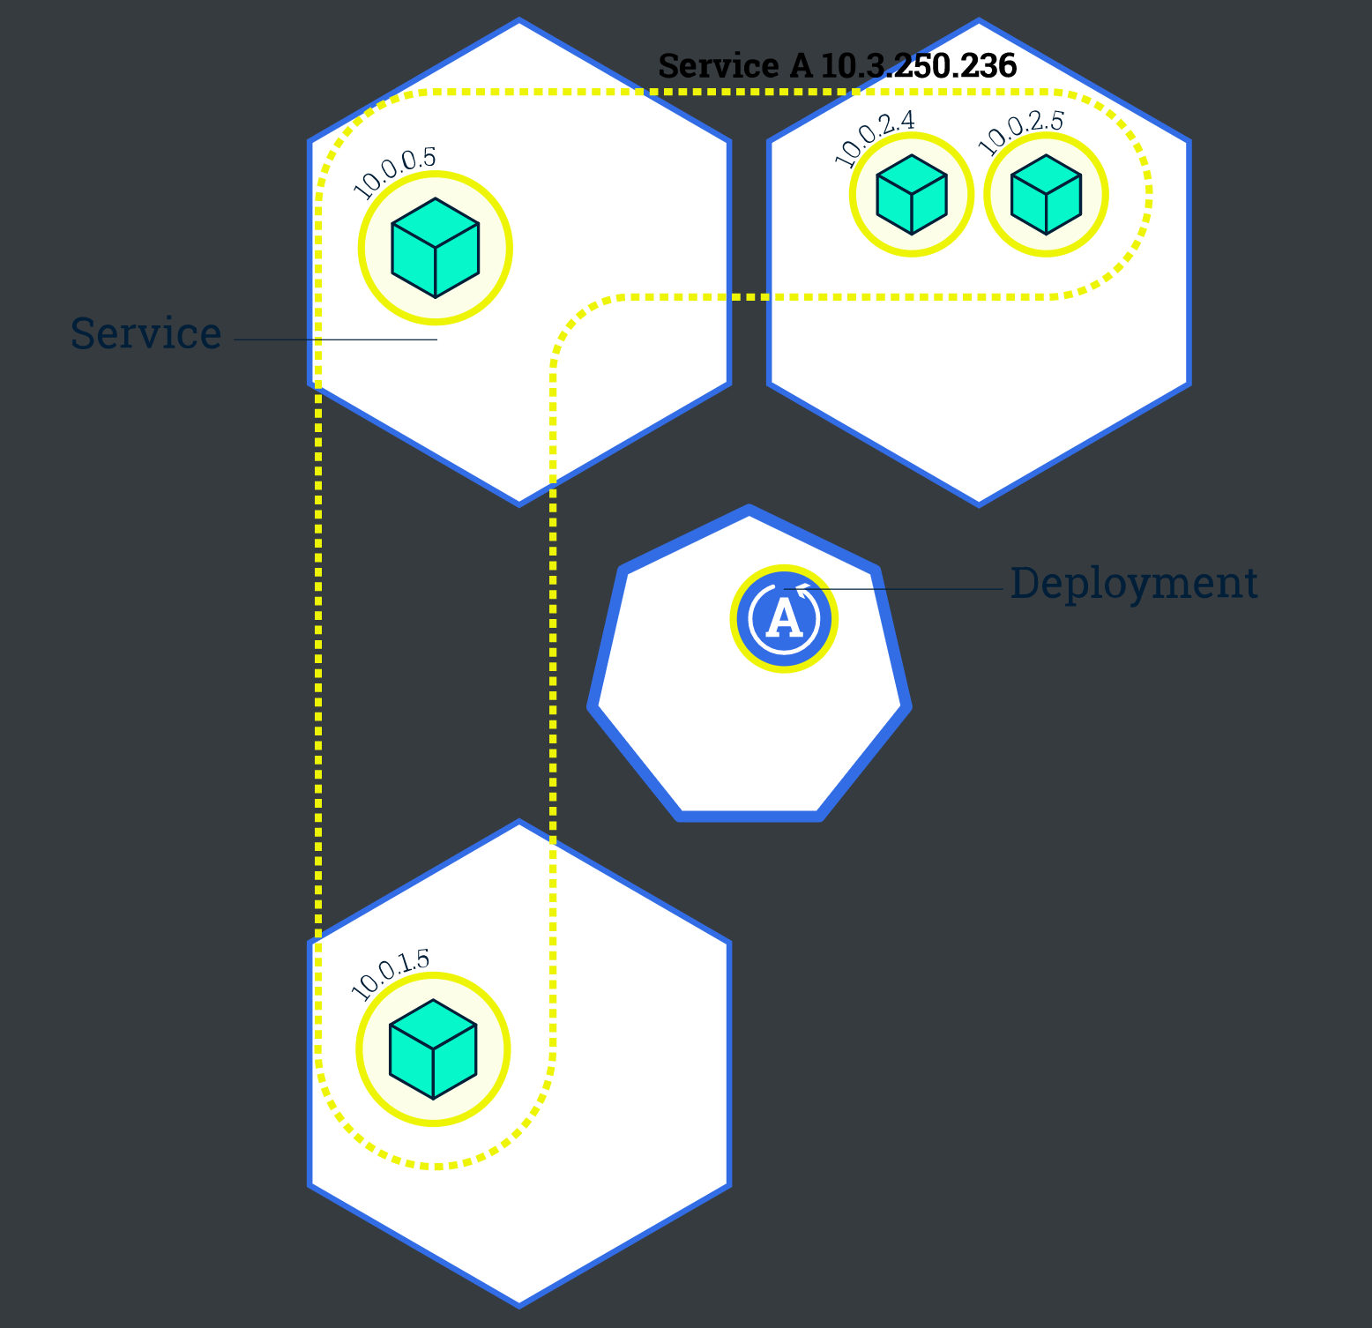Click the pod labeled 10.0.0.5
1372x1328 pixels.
[x=436, y=248]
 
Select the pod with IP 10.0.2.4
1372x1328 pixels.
[x=912, y=195]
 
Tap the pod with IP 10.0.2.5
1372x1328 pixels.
[x=1046, y=195]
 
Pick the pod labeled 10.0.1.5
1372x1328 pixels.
[x=433, y=1049]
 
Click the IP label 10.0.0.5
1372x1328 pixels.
[x=394, y=173]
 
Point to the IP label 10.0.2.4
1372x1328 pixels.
[x=875, y=138]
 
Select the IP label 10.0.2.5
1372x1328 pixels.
[x=1021, y=133]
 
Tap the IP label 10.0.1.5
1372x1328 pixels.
[x=391, y=974]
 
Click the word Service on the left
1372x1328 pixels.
[x=145, y=333]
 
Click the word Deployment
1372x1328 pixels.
[x=1134, y=584]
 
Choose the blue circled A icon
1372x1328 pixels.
[x=784, y=619]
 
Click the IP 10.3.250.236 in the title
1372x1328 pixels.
[x=919, y=66]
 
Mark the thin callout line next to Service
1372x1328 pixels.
[x=336, y=339]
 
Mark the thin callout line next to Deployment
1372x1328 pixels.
[x=894, y=589]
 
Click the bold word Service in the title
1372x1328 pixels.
[x=719, y=66]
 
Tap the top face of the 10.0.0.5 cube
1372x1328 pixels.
[x=436, y=222]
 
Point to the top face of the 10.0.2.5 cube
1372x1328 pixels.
[x=1046, y=175]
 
